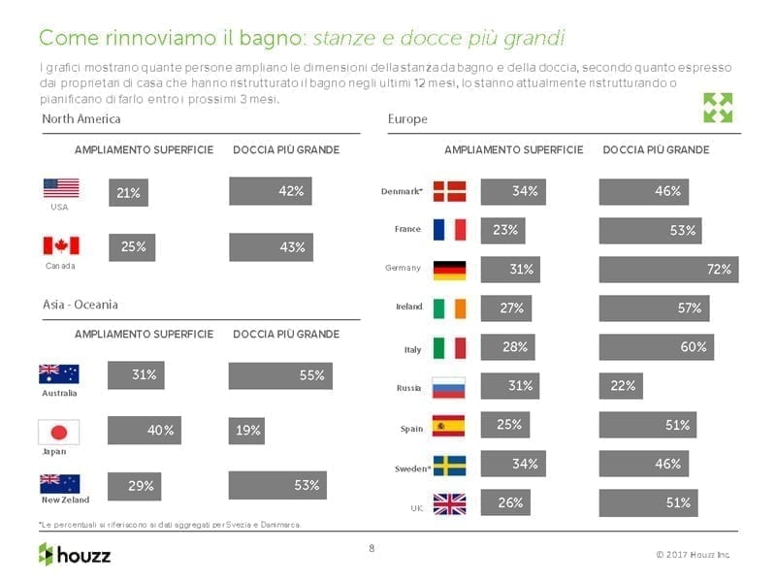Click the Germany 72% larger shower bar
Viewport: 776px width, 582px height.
point(668,270)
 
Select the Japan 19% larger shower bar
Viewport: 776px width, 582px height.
point(246,431)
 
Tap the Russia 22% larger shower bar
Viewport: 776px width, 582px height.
point(621,386)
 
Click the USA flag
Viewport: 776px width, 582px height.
point(61,188)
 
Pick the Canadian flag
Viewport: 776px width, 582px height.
point(61,245)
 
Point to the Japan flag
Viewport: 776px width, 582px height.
point(58,432)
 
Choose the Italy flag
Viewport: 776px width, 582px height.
point(449,347)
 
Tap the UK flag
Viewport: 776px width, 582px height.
point(449,503)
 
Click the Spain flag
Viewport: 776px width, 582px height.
point(449,426)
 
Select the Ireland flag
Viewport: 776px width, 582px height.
point(449,307)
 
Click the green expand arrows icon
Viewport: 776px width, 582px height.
point(718,108)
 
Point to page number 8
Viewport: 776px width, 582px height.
point(372,548)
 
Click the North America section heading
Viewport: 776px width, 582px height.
point(81,118)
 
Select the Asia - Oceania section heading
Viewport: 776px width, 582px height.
point(81,305)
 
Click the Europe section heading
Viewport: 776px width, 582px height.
point(407,119)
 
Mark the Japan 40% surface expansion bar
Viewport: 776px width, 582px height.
point(144,431)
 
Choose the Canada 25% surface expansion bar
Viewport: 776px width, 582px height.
point(133,247)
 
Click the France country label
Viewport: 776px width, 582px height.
point(407,229)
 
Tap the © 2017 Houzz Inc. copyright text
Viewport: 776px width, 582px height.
point(693,555)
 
